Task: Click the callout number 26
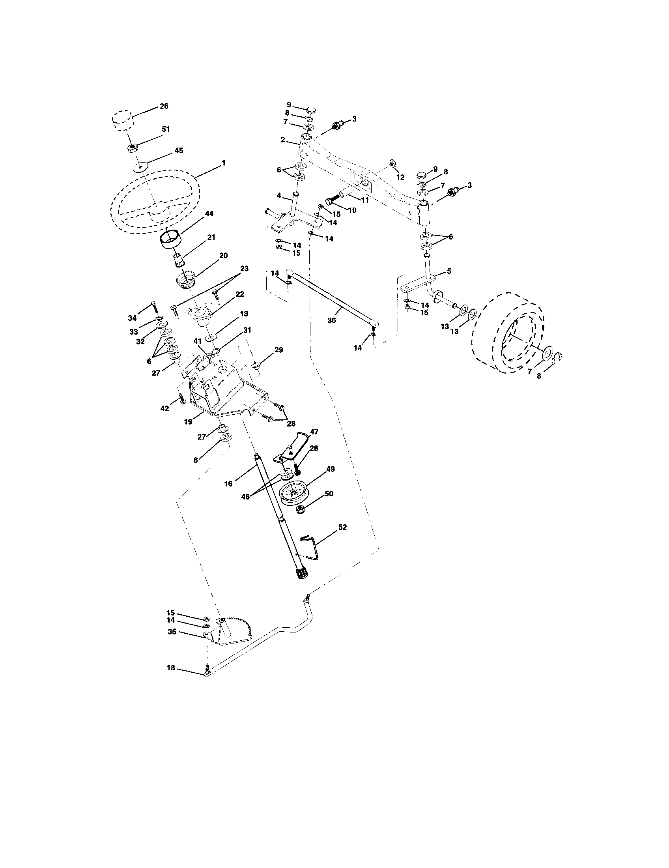[164, 106]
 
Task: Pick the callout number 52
[342, 527]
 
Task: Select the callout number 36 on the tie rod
[331, 320]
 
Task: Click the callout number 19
[188, 422]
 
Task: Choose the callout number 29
[278, 350]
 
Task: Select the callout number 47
[314, 431]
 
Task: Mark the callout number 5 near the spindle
[448, 271]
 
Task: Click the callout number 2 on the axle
[282, 140]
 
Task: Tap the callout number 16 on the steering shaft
[228, 483]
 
